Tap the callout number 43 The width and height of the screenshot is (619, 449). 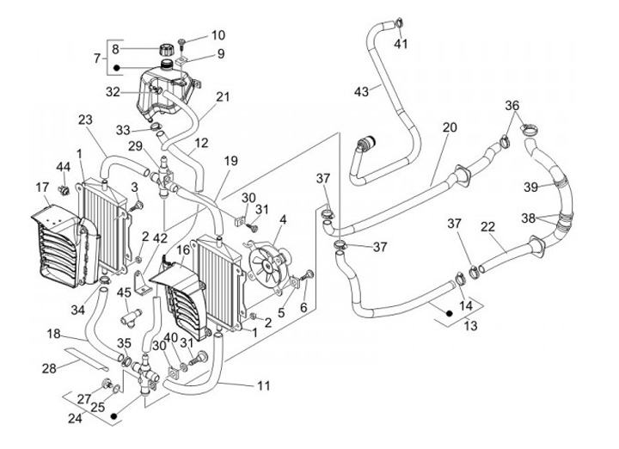[x=361, y=90]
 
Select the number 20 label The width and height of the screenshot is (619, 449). [x=450, y=127]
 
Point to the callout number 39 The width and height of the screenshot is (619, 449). [x=531, y=187]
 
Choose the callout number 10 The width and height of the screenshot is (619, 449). [x=218, y=36]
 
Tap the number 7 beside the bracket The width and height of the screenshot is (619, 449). [x=97, y=58]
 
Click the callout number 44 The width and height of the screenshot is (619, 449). [x=63, y=166]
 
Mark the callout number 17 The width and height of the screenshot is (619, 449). [x=42, y=187]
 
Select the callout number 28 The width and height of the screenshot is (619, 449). [x=48, y=368]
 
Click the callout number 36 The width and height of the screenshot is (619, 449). [x=512, y=106]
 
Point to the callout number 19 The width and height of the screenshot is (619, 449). [x=231, y=161]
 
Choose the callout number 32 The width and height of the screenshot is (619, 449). [x=113, y=92]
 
